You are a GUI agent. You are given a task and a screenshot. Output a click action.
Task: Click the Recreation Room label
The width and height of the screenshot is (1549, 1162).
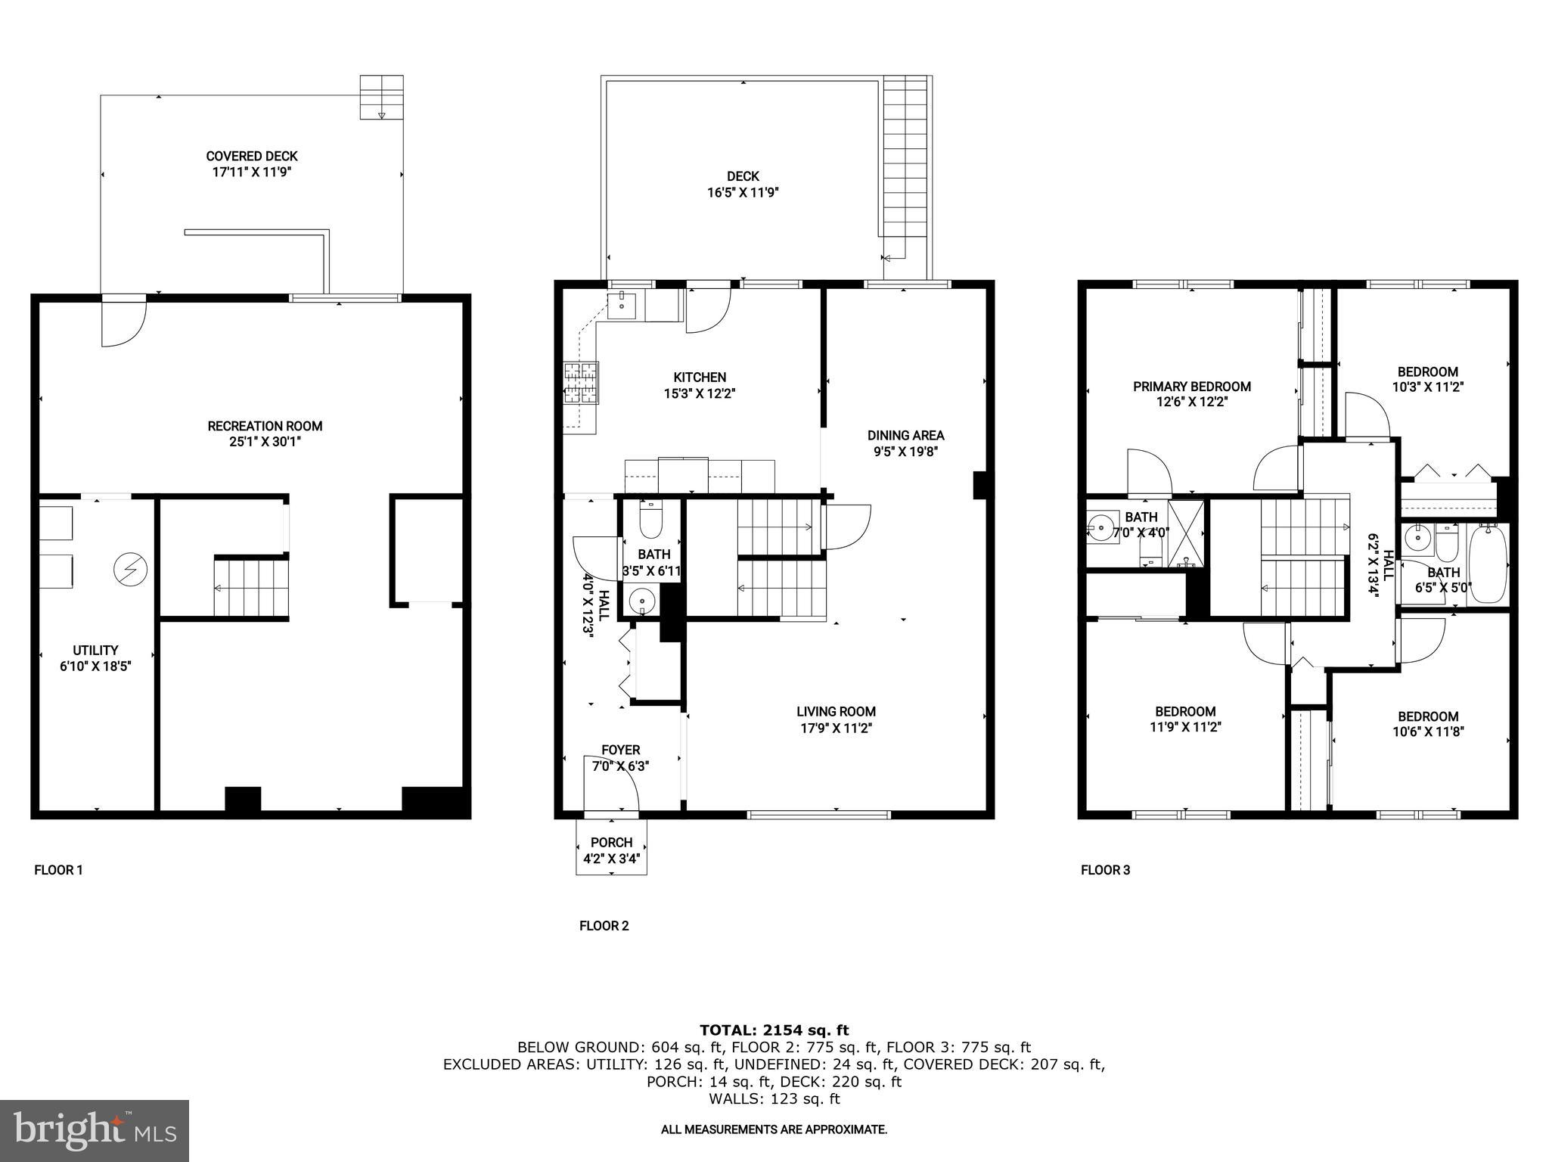[x=265, y=426]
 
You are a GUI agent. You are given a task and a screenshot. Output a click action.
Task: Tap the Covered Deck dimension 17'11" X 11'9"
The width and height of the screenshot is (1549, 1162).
[x=252, y=172]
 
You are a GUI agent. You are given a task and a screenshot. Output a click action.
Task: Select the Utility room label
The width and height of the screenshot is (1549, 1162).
[x=95, y=650]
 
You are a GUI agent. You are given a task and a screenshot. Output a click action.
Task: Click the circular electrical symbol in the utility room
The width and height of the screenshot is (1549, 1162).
[x=130, y=569]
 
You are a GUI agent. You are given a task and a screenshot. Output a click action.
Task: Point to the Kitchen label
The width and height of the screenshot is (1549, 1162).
[x=700, y=377]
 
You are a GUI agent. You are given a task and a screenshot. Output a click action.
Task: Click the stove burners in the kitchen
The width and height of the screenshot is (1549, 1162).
[x=581, y=383]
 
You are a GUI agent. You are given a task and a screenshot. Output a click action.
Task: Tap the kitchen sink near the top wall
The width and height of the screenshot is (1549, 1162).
[x=622, y=306]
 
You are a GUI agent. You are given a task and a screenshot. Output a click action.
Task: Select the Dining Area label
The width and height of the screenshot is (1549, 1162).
[x=905, y=435]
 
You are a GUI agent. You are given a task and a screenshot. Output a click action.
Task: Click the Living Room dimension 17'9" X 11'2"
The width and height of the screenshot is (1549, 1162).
[x=836, y=728]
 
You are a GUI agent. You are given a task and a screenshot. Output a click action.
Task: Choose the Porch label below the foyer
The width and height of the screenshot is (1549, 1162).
[x=611, y=842]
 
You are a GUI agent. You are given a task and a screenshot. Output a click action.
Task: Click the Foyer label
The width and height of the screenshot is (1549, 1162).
[x=620, y=750]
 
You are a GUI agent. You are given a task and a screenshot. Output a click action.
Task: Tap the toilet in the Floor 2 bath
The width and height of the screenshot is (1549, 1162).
[x=650, y=520]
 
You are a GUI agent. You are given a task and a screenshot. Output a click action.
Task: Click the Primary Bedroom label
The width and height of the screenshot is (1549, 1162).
[x=1191, y=387]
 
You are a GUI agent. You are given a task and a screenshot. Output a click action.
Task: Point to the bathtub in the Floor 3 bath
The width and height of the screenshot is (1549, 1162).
[x=1488, y=564]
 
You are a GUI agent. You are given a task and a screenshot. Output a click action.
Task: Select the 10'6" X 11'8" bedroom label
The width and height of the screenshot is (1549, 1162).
[x=1427, y=732]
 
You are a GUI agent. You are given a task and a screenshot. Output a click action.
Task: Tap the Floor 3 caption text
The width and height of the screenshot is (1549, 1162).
[x=1105, y=870]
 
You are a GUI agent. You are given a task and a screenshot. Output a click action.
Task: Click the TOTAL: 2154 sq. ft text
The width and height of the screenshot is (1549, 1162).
[x=774, y=1030]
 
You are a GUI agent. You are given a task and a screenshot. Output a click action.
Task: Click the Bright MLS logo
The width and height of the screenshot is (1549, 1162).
[x=95, y=1130]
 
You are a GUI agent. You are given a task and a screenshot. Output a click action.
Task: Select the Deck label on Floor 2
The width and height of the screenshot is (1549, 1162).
[x=743, y=176]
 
